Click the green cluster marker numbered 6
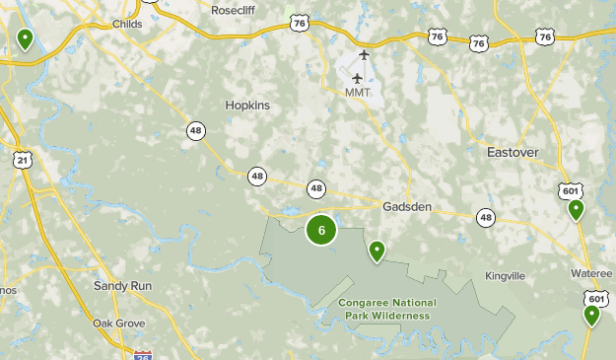pyautogui.click(x=321, y=230)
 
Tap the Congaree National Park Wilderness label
pyautogui.click(x=387, y=309)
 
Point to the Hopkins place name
pyautogui.click(x=246, y=106)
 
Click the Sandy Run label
pyautogui.click(x=122, y=285)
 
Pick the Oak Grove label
pyautogui.click(x=118, y=324)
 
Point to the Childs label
pyautogui.click(x=128, y=24)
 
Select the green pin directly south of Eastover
pyautogui.click(x=576, y=210)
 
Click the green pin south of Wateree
pyautogui.click(x=591, y=316)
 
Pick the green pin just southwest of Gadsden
pyautogui.click(x=376, y=252)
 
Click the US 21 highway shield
pyautogui.click(x=22, y=159)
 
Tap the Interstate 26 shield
pyautogui.click(x=143, y=353)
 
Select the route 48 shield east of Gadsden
pyautogui.click(x=486, y=217)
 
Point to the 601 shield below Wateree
pyautogui.click(x=594, y=298)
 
